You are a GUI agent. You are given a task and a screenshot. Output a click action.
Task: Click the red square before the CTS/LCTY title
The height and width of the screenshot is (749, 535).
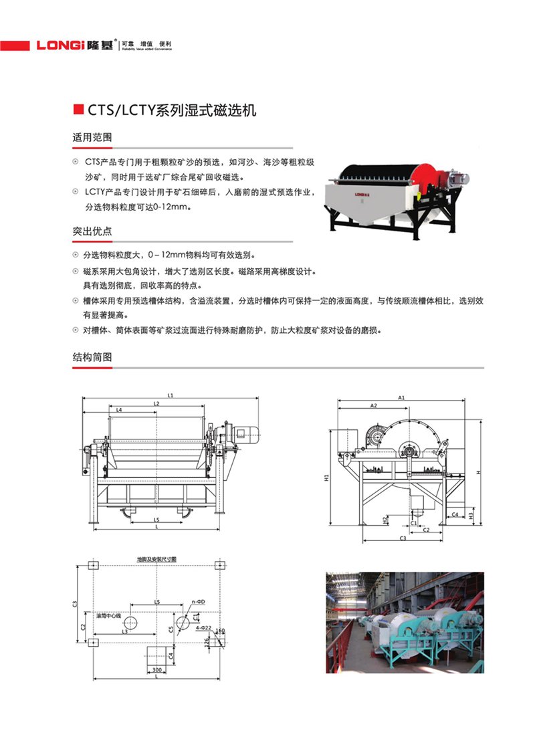tap(78, 110)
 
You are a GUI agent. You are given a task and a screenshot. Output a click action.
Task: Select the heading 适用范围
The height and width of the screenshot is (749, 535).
tap(92, 137)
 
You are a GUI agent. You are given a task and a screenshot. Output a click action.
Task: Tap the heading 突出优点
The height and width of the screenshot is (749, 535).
tap(92, 231)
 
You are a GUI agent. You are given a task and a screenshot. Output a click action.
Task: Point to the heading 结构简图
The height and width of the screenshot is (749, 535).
tap(92, 357)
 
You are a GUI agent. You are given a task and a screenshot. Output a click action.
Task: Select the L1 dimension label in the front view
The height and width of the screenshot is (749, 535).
tap(171, 395)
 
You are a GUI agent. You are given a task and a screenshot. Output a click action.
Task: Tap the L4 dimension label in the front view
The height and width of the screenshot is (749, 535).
tap(119, 409)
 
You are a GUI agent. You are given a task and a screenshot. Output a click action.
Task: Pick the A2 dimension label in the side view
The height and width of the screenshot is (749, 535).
tap(374, 405)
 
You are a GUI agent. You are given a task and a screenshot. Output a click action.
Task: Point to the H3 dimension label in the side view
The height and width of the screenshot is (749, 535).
tap(471, 516)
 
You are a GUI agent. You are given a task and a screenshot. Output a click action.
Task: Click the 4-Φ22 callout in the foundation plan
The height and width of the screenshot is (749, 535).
tap(201, 628)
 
